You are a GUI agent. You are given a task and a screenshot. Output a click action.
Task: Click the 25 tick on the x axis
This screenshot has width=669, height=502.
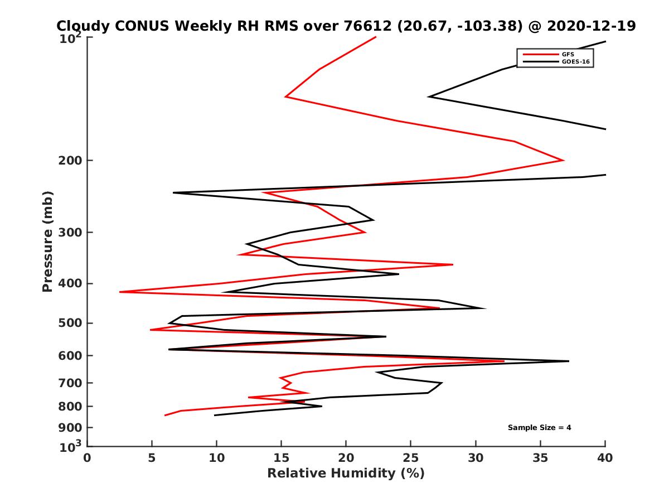(411, 458)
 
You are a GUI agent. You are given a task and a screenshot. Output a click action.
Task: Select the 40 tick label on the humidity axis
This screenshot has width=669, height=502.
(605, 458)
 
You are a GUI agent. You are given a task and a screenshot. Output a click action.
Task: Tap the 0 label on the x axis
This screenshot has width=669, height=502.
(88, 458)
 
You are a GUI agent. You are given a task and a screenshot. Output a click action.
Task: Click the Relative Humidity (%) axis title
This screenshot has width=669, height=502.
(346, 474)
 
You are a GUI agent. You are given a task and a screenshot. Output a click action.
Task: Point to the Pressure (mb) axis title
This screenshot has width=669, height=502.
(47, 241)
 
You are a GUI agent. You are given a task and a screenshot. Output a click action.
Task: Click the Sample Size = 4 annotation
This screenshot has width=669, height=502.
(539, 428)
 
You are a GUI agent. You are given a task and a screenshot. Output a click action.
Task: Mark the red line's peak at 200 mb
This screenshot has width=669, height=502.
(564, 160)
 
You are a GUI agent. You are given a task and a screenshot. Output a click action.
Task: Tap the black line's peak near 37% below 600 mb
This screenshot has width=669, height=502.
(569, 361)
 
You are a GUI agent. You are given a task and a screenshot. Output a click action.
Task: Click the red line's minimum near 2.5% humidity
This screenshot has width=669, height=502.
(120, 292)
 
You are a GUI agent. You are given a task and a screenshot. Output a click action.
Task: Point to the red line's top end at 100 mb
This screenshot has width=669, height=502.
(376, 37)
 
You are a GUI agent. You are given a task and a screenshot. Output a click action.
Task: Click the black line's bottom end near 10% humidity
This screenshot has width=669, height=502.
(215, 415)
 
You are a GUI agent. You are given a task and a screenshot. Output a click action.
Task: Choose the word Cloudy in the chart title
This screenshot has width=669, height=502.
(80, 26)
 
